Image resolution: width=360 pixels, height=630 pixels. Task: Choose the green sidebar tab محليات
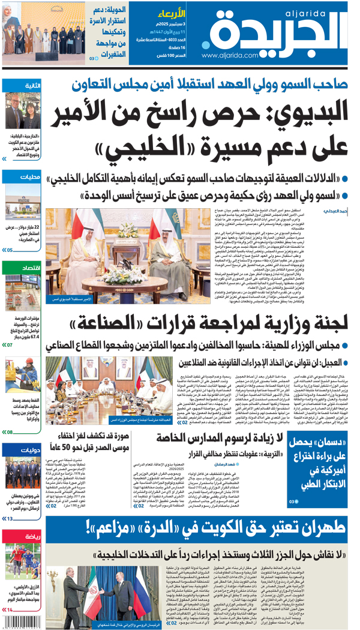coord(30,177)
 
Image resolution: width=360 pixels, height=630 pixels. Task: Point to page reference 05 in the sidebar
coord(8,250)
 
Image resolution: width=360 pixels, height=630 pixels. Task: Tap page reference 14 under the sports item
coord(8,610)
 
